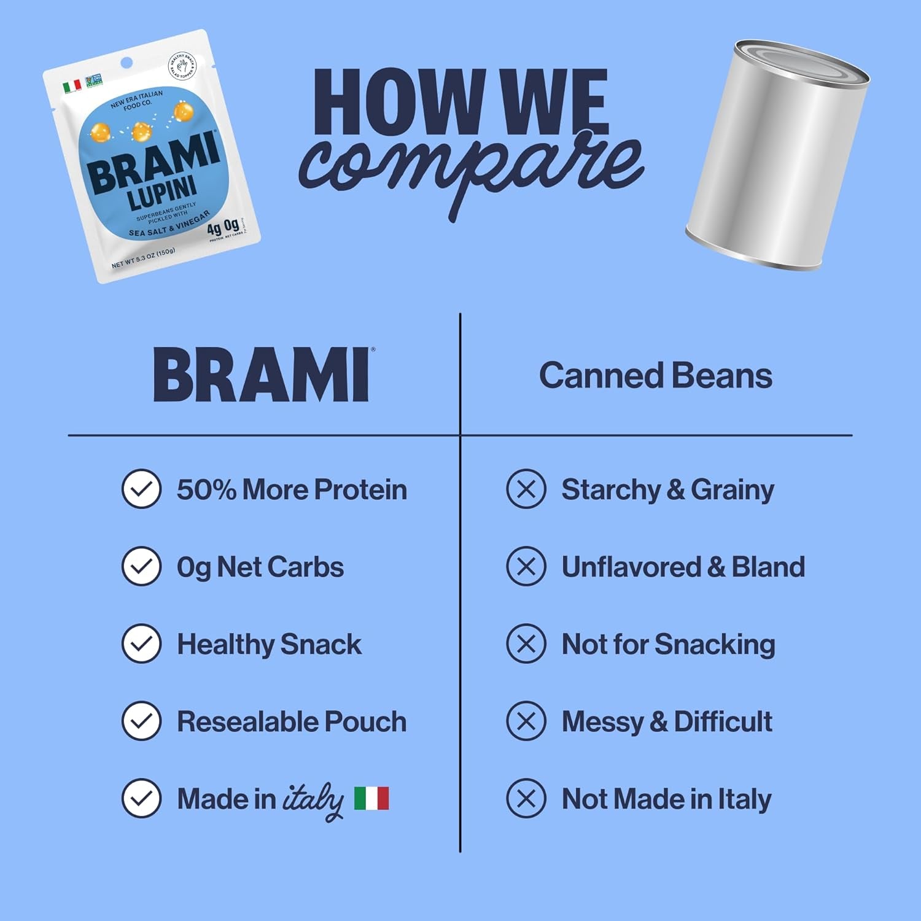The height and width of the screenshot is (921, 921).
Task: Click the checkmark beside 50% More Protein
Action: coord(141,489)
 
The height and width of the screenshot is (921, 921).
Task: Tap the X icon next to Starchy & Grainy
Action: coord(526,489)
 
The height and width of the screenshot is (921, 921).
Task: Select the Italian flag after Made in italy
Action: coord(371,798)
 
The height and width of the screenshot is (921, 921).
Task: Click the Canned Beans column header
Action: coord(655,376)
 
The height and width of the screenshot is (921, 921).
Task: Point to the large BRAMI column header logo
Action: coord(262,375)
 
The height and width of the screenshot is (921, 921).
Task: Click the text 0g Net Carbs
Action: coord(260,567)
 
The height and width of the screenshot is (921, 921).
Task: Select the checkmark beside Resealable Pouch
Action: coord(141,721)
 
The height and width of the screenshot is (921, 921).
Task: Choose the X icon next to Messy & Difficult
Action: coord(526,721)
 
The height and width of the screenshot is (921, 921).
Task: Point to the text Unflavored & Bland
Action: coord(683,567)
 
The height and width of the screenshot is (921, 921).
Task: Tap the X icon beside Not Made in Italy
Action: coord(526,798)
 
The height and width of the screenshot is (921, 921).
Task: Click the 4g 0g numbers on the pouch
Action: coord(223,227)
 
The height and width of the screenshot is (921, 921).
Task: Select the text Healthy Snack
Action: coord(269,644)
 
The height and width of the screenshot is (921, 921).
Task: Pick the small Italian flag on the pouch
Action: coord(72,87)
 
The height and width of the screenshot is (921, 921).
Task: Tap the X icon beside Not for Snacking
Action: coord(526,644)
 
